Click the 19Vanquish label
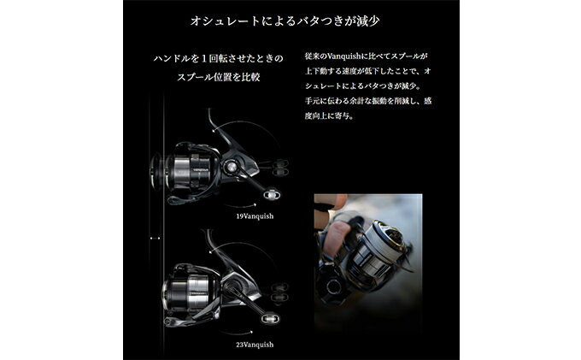[x=254, y=216]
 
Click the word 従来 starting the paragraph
[x=314, y=56]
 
